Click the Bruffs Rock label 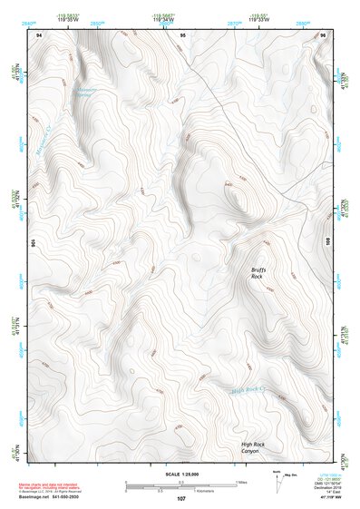click(261, 274)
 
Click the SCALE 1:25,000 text click(181, 475)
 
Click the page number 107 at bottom click(181, 499)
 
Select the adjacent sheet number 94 click(39, 34)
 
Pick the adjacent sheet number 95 click(182, 34)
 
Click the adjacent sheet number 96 click(323, 34)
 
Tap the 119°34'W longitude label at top click(163, 20)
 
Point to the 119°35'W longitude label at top click(66, 20)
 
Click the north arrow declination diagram click(277, 481)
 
